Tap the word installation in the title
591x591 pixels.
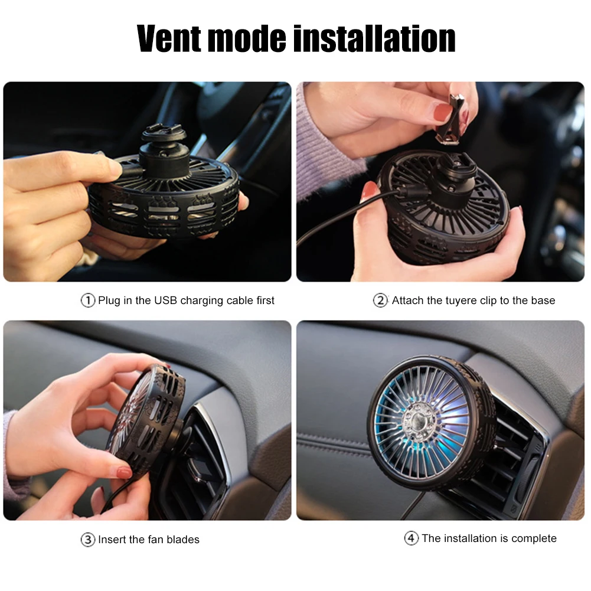click(x=374, y=39)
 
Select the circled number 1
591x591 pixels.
click(x=87, y=301)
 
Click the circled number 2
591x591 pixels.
click(x=380, y=301)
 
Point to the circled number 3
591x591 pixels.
click(x=87, y=540)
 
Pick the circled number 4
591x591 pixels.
click(x=411, y=538)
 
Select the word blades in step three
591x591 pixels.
click(x=184, y=540)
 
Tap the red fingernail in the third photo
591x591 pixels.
click(x=124, y=472)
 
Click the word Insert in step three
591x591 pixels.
click(x=112, y=540)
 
